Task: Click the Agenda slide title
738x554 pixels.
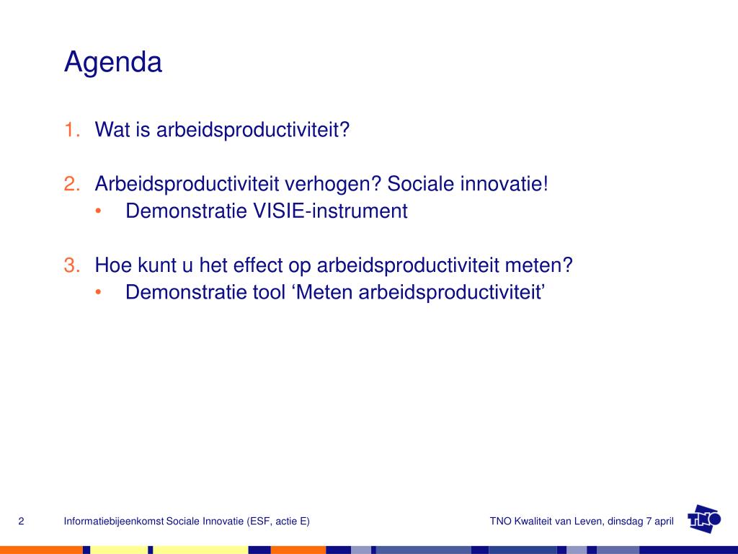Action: click(113, 63)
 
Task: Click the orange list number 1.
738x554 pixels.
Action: click(72, 130)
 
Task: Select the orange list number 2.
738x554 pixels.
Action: click(72, 184)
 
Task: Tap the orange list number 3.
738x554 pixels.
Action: click(72, 265)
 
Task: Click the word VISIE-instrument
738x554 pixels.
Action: click(330, 211)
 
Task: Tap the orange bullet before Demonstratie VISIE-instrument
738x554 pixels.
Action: click(98, 211)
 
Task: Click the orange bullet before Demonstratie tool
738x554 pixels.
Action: click(98, 293)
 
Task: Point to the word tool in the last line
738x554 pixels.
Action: click(270, 292)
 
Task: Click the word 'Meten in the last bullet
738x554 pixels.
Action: click(322, 292)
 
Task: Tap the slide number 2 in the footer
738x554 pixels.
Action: click(21, 521)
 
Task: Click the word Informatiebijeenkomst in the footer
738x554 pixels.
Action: click(114, 522)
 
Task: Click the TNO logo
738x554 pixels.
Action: click(704, 519)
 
